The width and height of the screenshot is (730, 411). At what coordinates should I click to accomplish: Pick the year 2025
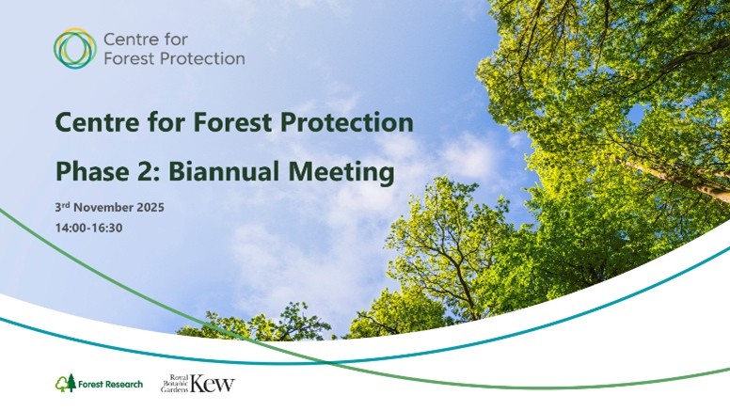(150, 207)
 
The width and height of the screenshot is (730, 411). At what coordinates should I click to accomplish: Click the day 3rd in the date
(63, 207)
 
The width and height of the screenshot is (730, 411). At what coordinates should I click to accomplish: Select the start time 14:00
(71, 228)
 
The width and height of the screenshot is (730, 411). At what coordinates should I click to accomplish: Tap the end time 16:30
(108, 228)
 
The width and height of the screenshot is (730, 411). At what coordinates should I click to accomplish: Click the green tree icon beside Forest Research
(64, 383)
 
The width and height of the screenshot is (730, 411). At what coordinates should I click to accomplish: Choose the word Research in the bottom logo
(125, 384)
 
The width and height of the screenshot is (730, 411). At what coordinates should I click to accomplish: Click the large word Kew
(214, 383)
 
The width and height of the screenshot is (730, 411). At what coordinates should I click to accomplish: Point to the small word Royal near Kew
(179, 376)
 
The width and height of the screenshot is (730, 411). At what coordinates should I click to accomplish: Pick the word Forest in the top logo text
(129, 58)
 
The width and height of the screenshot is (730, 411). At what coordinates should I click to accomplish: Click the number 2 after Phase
(140, 172)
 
